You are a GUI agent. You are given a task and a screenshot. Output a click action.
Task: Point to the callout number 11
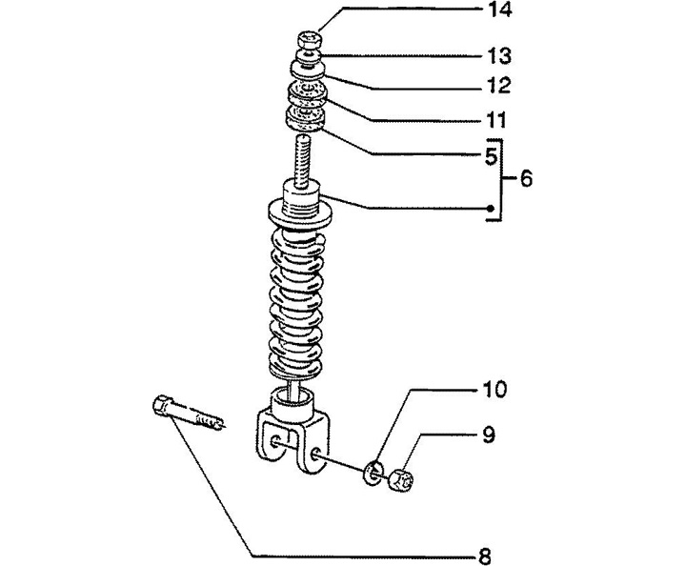point(496,122)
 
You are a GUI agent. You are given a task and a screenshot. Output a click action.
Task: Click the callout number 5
point(489,153)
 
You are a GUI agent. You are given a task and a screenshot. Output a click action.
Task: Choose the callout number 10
point(494,390)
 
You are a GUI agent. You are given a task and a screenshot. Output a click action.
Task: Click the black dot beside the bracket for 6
point(490,209)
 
